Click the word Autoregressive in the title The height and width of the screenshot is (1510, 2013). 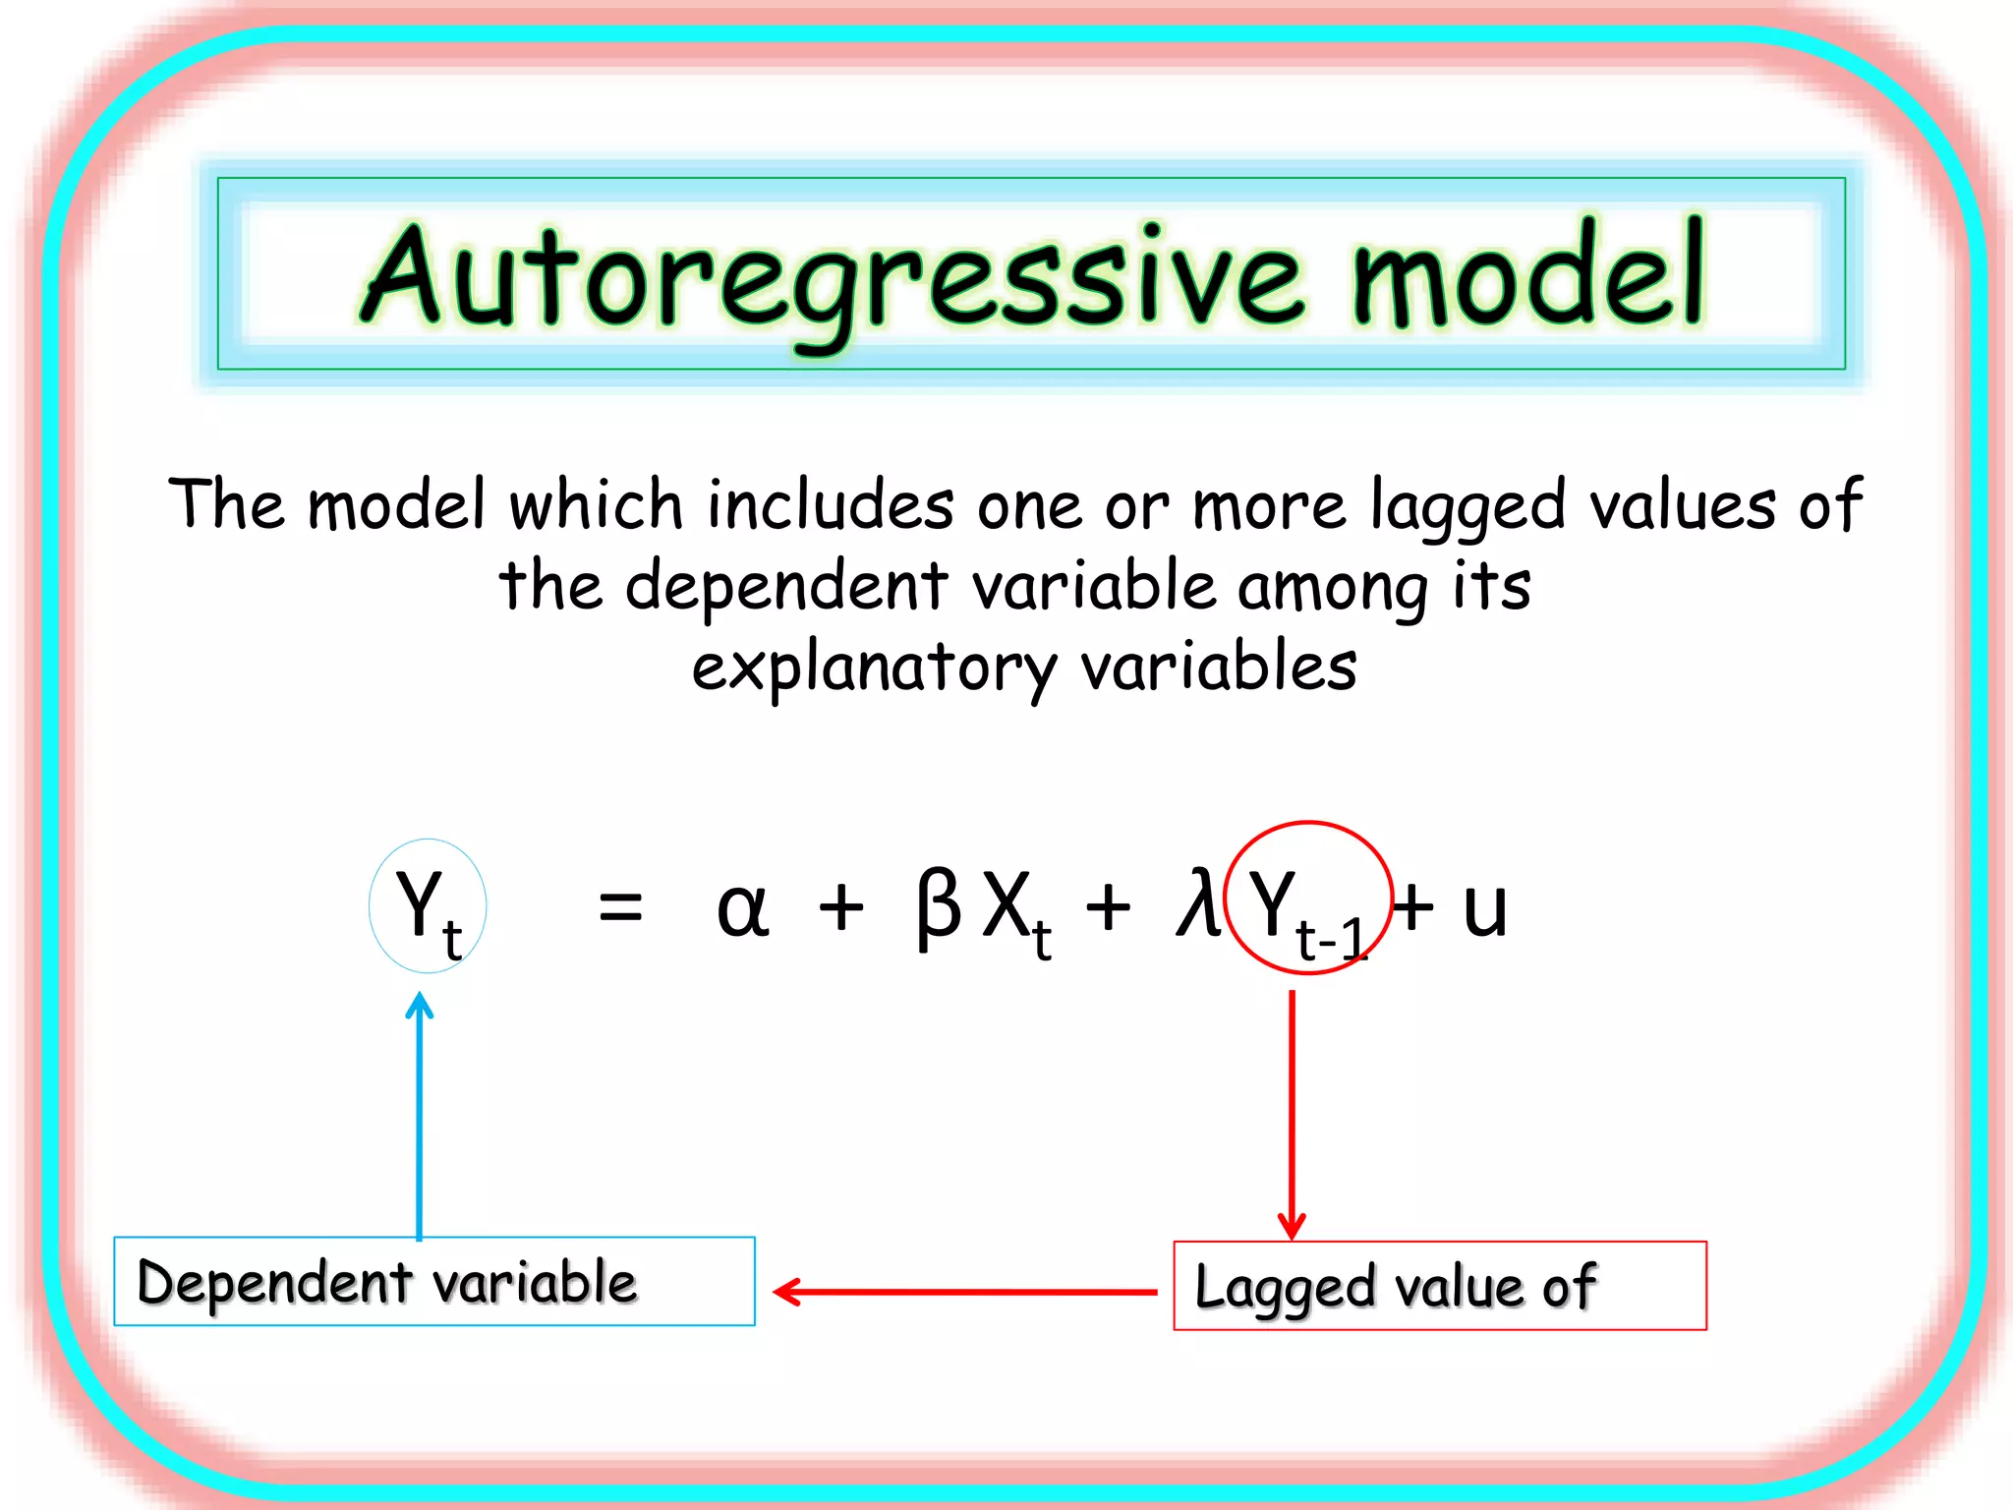click(834, 277)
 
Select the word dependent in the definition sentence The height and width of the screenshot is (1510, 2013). click(786, 588)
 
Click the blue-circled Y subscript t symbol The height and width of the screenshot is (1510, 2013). click(428, 906)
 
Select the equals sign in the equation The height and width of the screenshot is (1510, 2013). click(620, 906)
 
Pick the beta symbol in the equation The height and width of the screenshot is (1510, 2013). click(938, 906)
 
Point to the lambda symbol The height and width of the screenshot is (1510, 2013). click(1198, 902)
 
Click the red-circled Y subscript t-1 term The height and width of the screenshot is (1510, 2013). click(1308, 899)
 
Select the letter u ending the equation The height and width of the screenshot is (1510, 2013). click(1484, 908)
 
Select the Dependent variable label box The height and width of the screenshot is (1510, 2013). click(434, 1282)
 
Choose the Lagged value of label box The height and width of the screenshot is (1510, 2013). click(1440, 1286)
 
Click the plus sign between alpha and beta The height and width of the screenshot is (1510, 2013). click(841, 906)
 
